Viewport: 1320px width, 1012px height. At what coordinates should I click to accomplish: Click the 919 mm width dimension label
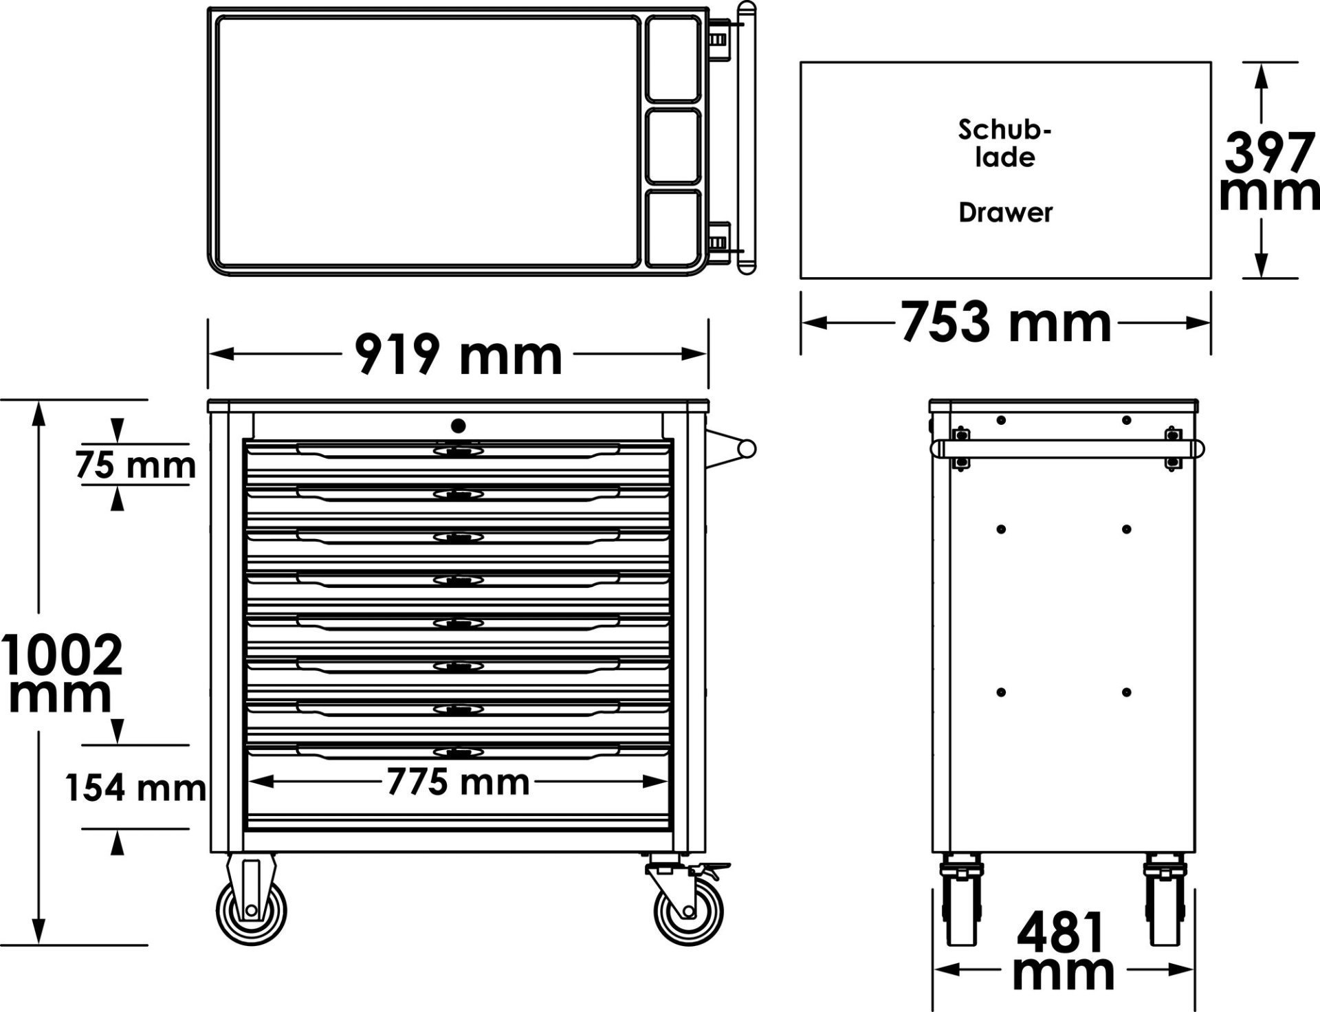pos(459,355)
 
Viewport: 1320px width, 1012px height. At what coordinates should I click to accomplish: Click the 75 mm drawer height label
pos(135,466)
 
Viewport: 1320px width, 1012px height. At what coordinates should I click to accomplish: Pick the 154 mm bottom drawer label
pos(135,787)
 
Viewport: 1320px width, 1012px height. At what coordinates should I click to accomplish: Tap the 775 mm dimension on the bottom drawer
pos(459,782)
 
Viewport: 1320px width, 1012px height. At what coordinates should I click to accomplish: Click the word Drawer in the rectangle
pos(1005,213)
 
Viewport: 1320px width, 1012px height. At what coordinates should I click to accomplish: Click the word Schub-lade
pos(1005,143)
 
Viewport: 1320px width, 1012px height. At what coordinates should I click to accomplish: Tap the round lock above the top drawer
pos(459,426)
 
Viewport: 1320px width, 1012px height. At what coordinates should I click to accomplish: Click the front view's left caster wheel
pos(250,910)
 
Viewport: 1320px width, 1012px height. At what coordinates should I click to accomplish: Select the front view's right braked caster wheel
pos(687,910)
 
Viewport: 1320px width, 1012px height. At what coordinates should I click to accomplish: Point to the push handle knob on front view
pos(747,449)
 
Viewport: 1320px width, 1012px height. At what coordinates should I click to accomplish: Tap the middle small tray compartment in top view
pos(673,146)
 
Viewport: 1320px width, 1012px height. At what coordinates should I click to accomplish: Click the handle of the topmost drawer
pos(459,450)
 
